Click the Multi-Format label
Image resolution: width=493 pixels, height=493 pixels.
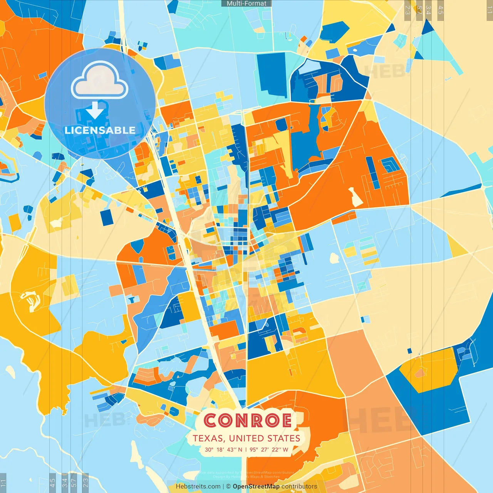tap(246, 3)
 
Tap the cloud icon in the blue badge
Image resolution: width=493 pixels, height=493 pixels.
tap(100, 81)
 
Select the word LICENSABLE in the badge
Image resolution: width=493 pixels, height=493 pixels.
tap(100, 130)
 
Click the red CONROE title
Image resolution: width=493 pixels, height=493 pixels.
tap(247, 421)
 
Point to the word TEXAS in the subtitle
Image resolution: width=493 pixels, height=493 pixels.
tap(208, 438)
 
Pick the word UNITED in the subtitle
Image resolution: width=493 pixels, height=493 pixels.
tap(245, 438)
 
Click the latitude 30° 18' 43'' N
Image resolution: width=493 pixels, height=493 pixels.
tap(223, 449)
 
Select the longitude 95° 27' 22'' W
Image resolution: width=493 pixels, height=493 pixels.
tap(269, 449)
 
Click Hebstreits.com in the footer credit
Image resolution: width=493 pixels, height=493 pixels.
tap(198, 486)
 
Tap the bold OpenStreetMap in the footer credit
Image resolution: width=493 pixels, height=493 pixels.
tap(256, 486)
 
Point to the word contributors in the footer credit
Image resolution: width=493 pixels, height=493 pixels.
tap(299, 486)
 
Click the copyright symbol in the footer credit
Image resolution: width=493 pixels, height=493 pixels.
tap(228, 486)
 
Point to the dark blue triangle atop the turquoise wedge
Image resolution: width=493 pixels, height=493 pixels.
tap(427, 27)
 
